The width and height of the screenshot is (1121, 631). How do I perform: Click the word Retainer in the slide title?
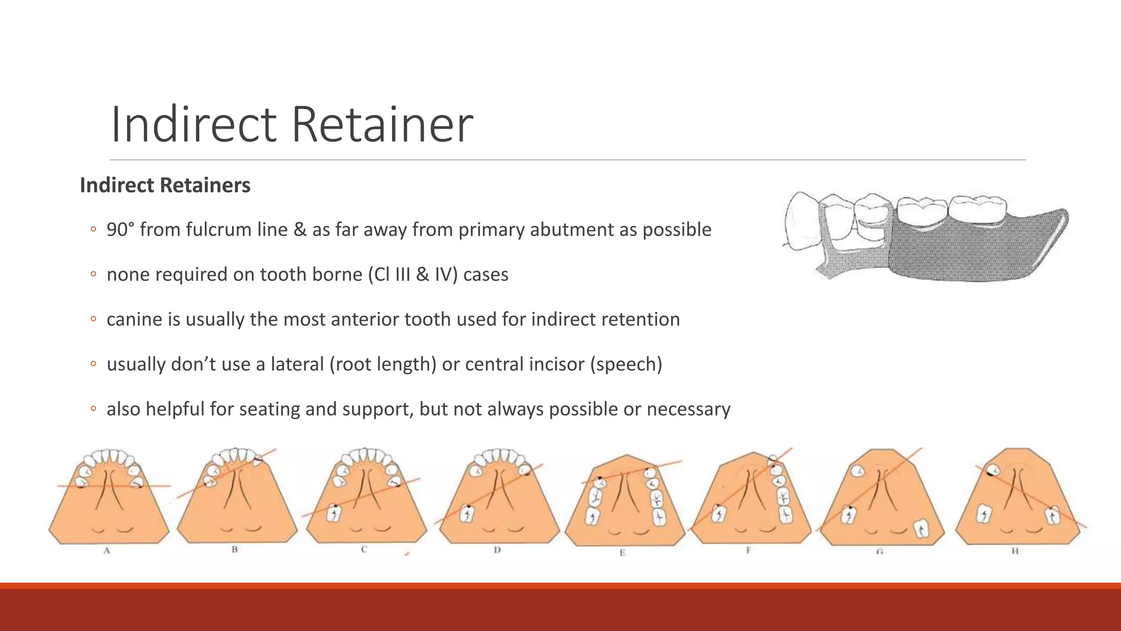coord(382,125)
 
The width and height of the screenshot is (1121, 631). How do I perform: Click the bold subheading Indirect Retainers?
coord(165,185)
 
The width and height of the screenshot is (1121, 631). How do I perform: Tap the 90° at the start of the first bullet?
coord(120,229)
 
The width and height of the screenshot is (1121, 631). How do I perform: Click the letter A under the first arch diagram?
coord(107,550)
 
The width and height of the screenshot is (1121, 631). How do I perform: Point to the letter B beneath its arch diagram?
coord(234,549)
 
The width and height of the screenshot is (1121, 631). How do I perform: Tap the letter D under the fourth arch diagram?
coord(497,549)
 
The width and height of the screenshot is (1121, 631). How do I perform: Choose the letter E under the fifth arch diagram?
coord(622,553)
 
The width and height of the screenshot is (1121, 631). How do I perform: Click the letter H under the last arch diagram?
coord(1015,551)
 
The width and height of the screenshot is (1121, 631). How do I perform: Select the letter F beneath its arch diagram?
coord(748,550)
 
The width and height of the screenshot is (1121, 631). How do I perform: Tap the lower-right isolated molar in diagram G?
coord(922,529)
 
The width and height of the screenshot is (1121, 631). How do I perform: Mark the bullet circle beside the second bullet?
coord(93,274)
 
